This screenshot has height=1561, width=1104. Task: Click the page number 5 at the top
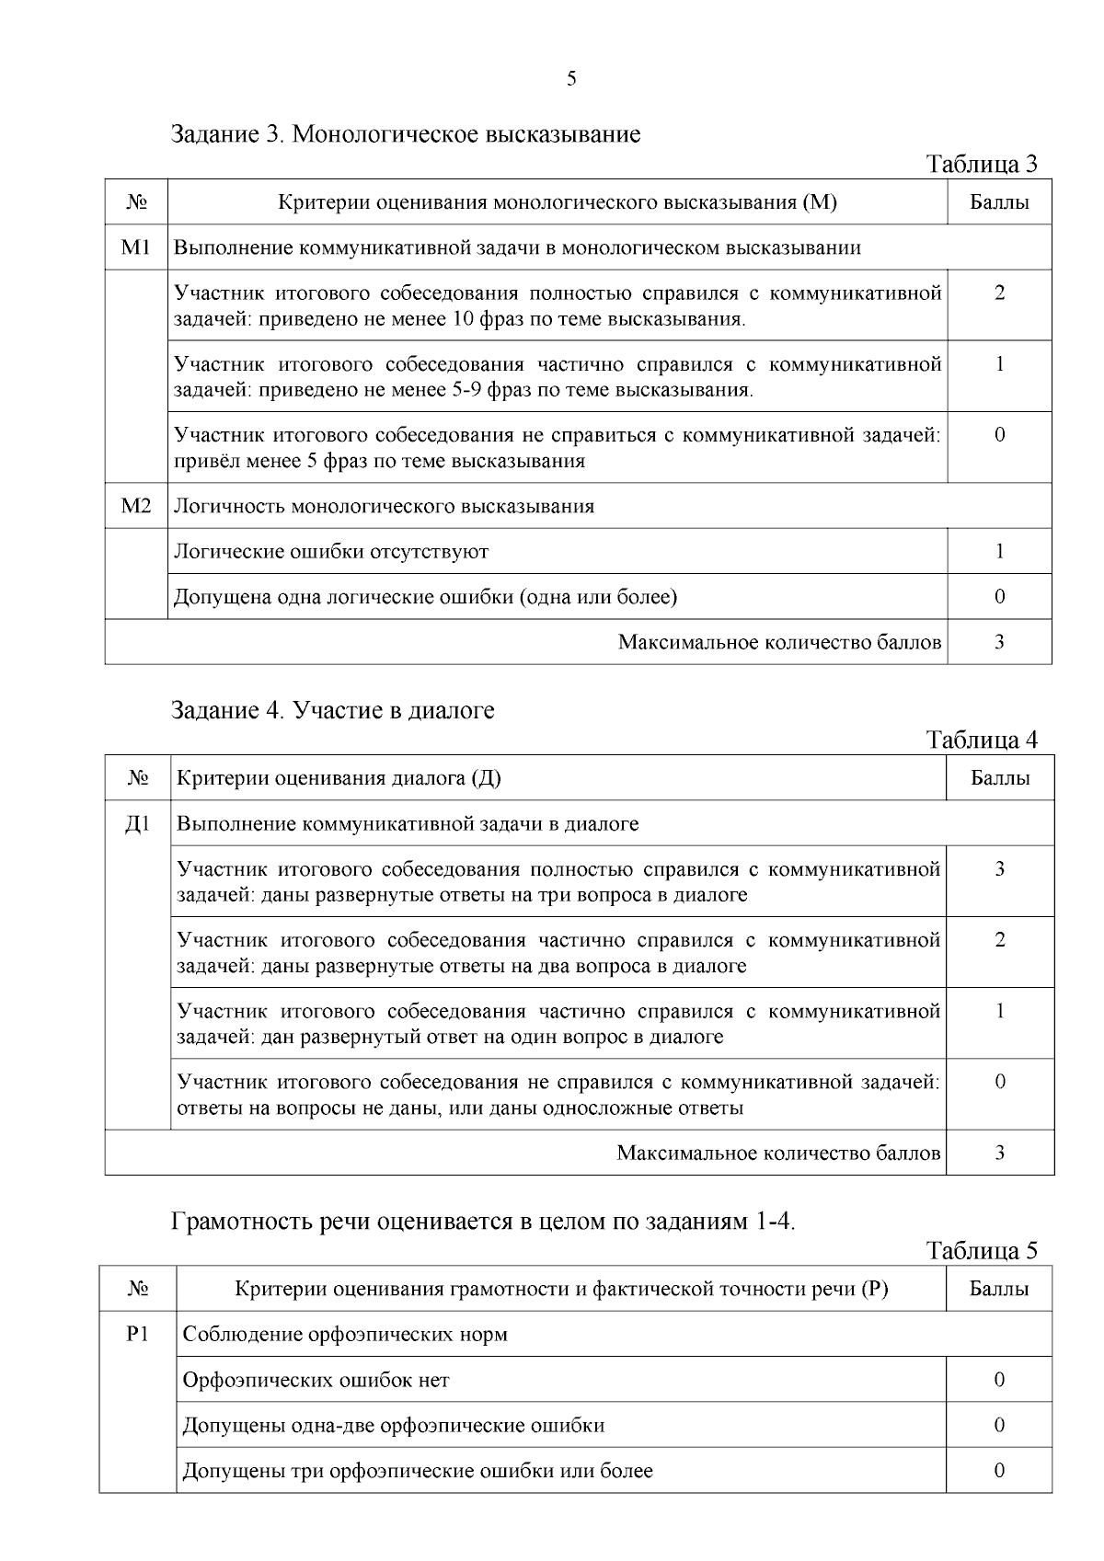(571, 79)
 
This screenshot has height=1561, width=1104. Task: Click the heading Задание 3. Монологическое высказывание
(406, 134)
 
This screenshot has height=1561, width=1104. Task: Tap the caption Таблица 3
(982, 165)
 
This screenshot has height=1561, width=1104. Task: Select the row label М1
(135, 247)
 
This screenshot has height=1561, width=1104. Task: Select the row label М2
(135, 506)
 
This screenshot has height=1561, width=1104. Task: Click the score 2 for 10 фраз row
(999, 293)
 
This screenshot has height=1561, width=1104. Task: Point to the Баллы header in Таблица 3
(999, 202)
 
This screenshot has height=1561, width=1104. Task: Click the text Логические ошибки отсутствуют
(331, 552)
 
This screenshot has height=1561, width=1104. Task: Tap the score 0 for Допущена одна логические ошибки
(999, 597)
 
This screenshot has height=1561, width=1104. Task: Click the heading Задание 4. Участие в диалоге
(333, 710)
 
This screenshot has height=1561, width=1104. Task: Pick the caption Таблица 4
(982, 740)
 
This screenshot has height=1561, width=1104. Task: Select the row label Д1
(137, 823)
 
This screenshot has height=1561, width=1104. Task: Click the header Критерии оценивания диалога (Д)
(339, 778)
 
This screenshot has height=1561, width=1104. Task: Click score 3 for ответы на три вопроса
(999, 869)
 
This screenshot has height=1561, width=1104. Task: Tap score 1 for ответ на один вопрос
(999, 1011)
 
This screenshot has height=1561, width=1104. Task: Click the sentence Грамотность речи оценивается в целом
(483, 1222)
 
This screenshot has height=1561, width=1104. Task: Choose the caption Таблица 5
(982, 1251)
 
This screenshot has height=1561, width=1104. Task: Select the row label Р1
(137, 1334)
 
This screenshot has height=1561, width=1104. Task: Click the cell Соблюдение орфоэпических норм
(345, 1335)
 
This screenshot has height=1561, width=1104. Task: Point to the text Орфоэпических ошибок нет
(316, 1380)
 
